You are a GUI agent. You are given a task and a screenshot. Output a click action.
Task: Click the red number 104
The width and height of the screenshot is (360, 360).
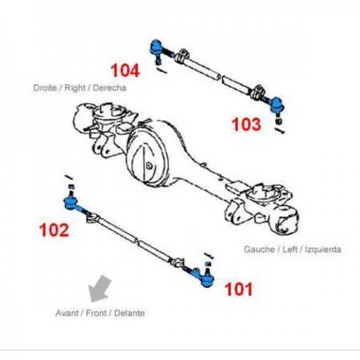click(x=125, y=70)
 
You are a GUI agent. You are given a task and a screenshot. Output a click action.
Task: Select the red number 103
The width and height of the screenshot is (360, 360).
click(x=246, y=125)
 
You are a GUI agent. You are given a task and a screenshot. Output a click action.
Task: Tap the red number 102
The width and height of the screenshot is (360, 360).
click(x=54, y=230)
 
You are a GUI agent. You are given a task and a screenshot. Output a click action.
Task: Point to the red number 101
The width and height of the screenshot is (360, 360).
click(x=238, y=290)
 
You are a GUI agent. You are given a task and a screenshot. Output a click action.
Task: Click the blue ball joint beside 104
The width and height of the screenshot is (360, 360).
click(x=156, y=46)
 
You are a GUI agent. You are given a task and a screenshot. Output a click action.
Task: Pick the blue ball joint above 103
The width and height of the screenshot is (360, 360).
click(x=277, y=104)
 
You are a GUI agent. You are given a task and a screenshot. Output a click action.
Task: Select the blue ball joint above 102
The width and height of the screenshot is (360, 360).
click(x=71, y=202)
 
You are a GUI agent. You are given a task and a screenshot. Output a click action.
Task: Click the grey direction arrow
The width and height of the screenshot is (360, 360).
click(x=100, y=289)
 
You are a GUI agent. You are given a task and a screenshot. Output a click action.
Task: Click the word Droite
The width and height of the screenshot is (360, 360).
click(x=45, y=88)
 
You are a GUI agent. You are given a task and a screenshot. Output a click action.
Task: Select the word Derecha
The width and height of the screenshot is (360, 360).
click(x=110, y=88)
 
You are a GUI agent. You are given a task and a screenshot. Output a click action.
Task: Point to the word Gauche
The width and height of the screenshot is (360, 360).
click(x=259, y=250)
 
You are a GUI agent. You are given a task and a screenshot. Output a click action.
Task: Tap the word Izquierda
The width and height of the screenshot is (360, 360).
click(x=323, y=250)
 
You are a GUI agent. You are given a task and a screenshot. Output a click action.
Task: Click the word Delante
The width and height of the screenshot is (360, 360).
click(x=130, y=313)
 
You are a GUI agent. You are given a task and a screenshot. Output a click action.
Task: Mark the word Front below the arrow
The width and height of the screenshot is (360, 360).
click(x=96, y=313)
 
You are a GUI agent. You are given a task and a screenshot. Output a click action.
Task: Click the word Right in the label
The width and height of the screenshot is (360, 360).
click(x=75, y=88)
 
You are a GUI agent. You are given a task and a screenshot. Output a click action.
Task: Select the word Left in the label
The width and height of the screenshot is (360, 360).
click(x=290, y=250)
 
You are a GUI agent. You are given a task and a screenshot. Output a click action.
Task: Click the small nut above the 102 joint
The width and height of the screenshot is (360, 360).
click(x=71, y=186)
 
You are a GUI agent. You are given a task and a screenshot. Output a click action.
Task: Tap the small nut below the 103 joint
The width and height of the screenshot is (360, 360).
click(x=278, y=122)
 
